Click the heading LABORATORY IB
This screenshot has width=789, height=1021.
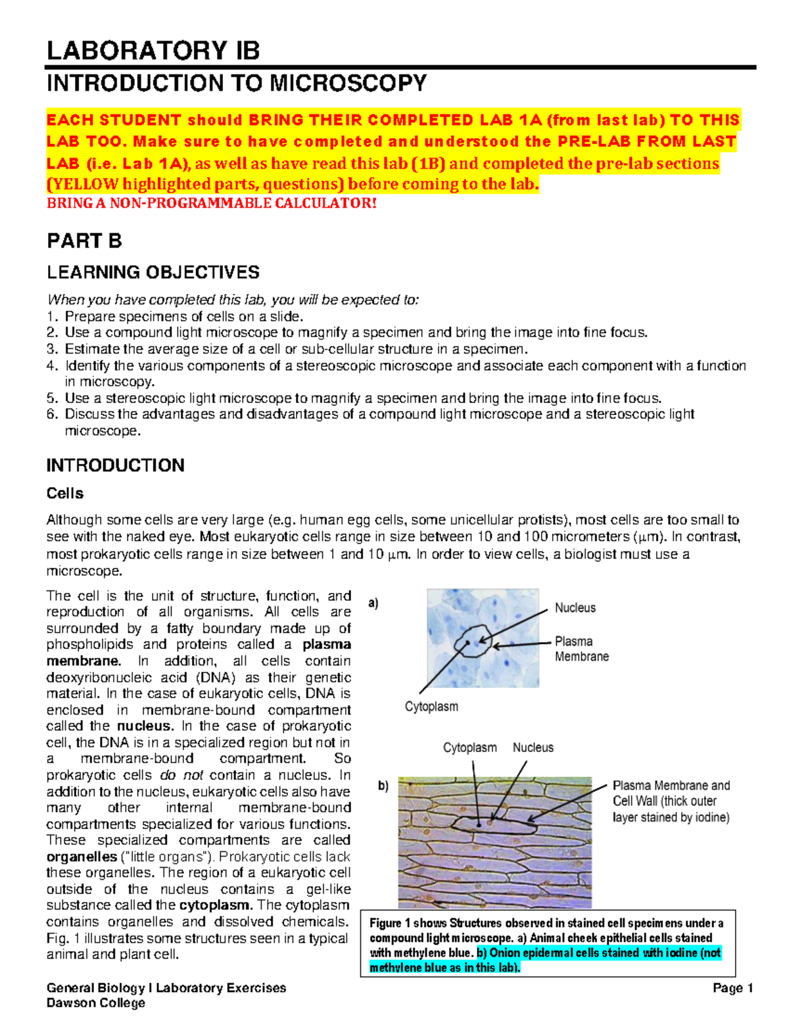[153, 51]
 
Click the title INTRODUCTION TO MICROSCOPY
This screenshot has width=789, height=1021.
[236, 83]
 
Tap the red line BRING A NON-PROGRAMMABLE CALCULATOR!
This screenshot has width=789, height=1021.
[212, 203]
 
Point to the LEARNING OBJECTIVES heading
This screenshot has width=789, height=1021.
[153, 272]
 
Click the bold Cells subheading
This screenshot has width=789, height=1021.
[64, 493]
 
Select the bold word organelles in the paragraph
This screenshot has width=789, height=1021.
[82, 857]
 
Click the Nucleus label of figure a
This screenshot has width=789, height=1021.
[575, 608]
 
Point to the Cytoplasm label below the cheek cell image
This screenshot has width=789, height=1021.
[431, 707]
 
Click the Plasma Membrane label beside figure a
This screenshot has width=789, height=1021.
[581, 649]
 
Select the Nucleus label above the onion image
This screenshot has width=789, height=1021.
[533, 748]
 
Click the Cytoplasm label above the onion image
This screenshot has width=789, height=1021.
[469, 748]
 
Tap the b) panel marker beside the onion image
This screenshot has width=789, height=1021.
[383, 786]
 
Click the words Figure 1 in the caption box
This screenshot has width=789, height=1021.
[390, 923]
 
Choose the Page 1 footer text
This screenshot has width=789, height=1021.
[732, 988]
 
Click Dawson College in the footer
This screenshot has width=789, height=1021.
[95, 1003]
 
